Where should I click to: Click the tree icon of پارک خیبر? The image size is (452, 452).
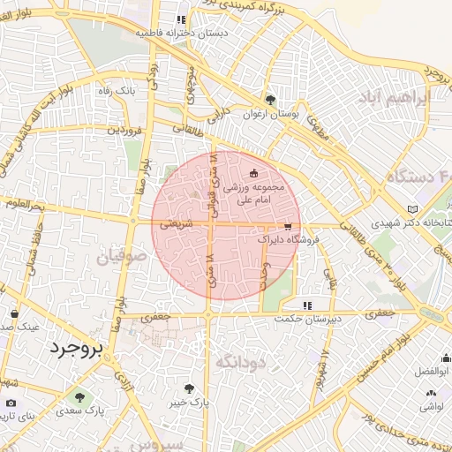189,388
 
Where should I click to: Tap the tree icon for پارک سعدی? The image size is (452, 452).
80,397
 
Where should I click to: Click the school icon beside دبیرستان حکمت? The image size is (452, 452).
306,305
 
